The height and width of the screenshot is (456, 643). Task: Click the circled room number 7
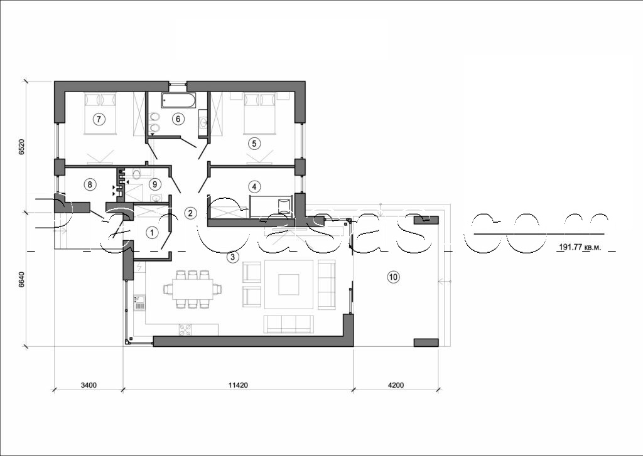[98, 118]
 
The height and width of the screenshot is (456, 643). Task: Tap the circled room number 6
[178, 118]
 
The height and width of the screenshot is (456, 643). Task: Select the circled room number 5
[254, 143]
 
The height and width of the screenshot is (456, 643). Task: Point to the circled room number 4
[254, 186]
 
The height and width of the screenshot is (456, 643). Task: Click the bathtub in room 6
[178, 100]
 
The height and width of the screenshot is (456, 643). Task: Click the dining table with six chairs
[192, 289]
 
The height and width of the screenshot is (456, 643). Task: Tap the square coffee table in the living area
[289, 284]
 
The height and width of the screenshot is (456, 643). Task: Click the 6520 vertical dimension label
[21, 149]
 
